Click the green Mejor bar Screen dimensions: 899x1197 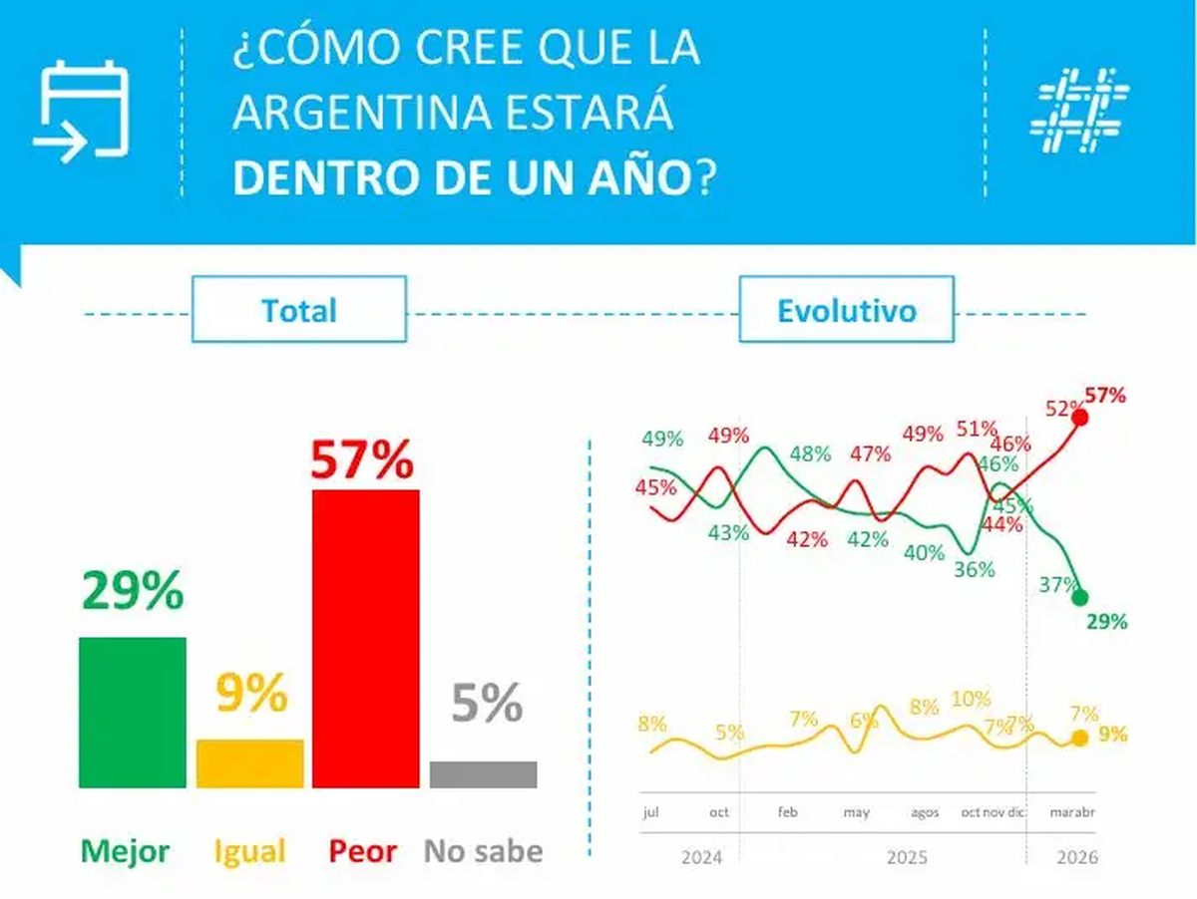(x=133, y=713)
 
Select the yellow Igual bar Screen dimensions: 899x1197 (x=250, y=763)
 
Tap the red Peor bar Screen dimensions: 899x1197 (x=366, y=639)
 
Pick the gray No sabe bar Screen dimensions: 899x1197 (x=484, y=774)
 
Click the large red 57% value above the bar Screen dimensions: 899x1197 (x=361, y=459)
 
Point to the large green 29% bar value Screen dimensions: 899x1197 (x=133, y=591)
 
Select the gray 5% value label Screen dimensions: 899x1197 (x=487, y=704)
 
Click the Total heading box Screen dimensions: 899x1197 (x=299, y=310)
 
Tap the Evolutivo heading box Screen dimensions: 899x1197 (x=847, y=310)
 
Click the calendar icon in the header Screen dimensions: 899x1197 (x=82, y=111)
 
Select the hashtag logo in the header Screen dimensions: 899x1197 (x=1079, y=111)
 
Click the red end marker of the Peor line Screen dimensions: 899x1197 (x=1079, y=417)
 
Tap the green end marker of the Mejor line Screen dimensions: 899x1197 (x=1079, y=597)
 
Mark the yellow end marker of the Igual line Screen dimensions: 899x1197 (x=1079, y=739)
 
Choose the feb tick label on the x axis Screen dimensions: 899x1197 (x=788, y=812)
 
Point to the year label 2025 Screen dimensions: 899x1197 (x=906, y=857)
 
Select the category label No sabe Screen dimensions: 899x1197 (x=484, y=851)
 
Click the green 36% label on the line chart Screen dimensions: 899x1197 (x=974, y=569)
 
